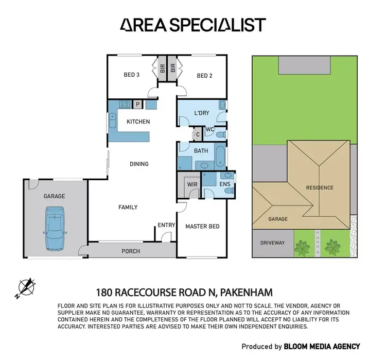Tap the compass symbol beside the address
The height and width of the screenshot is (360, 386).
pyautogui.click(x=26, y=287)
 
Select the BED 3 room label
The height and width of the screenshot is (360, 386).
pyautogui.click(x=132, y=75)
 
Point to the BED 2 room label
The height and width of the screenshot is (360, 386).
pyautogui.click(x=204, y=76)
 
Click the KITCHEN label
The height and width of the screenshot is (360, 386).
pyautogui.click(x=138, y=122)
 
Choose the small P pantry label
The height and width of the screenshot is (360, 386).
pyautogui.click(x=137, y=105)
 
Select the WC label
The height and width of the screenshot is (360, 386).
pyautogui.click(x=209, y=129)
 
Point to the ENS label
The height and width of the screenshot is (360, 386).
pyautogui.click(x=224, y=184)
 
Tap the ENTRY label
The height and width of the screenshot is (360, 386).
pyautogui.click(x=166, y=225)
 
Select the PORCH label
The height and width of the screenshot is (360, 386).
pyautogui.click(x=130, y=251)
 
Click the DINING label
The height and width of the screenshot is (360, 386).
pyautogui.click(x=139, y=164)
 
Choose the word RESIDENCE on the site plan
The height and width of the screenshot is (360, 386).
pyautogui.click(x=319, y=188)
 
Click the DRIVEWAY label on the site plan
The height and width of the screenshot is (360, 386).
pyautogui.click(x=272, y=242)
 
